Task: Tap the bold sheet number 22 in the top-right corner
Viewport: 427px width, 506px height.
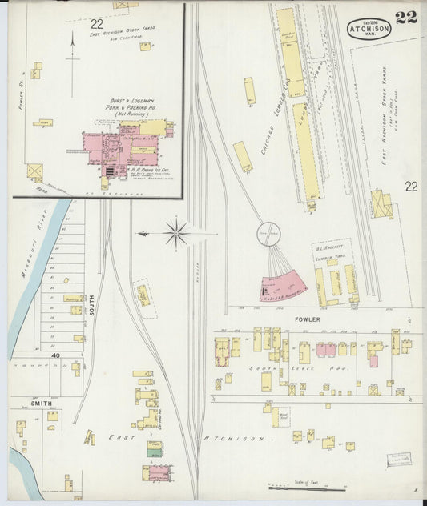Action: coord(405,18)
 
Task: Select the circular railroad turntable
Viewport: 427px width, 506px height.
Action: coord(268,235)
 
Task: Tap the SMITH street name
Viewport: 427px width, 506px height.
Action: coord(42,404)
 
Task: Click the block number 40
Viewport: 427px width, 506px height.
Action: coord(57,355)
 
